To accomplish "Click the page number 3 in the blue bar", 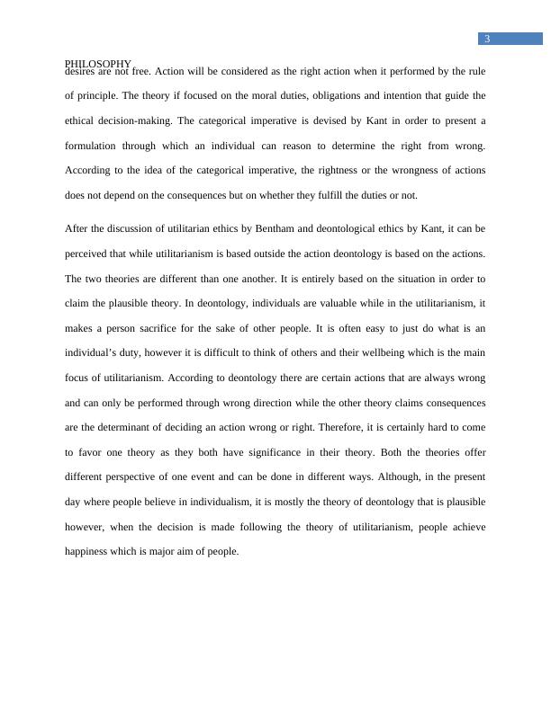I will pos(487,39).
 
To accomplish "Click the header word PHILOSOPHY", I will pos(98,64).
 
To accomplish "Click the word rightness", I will pos(339,170).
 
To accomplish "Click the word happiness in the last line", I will pos(89,552).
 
